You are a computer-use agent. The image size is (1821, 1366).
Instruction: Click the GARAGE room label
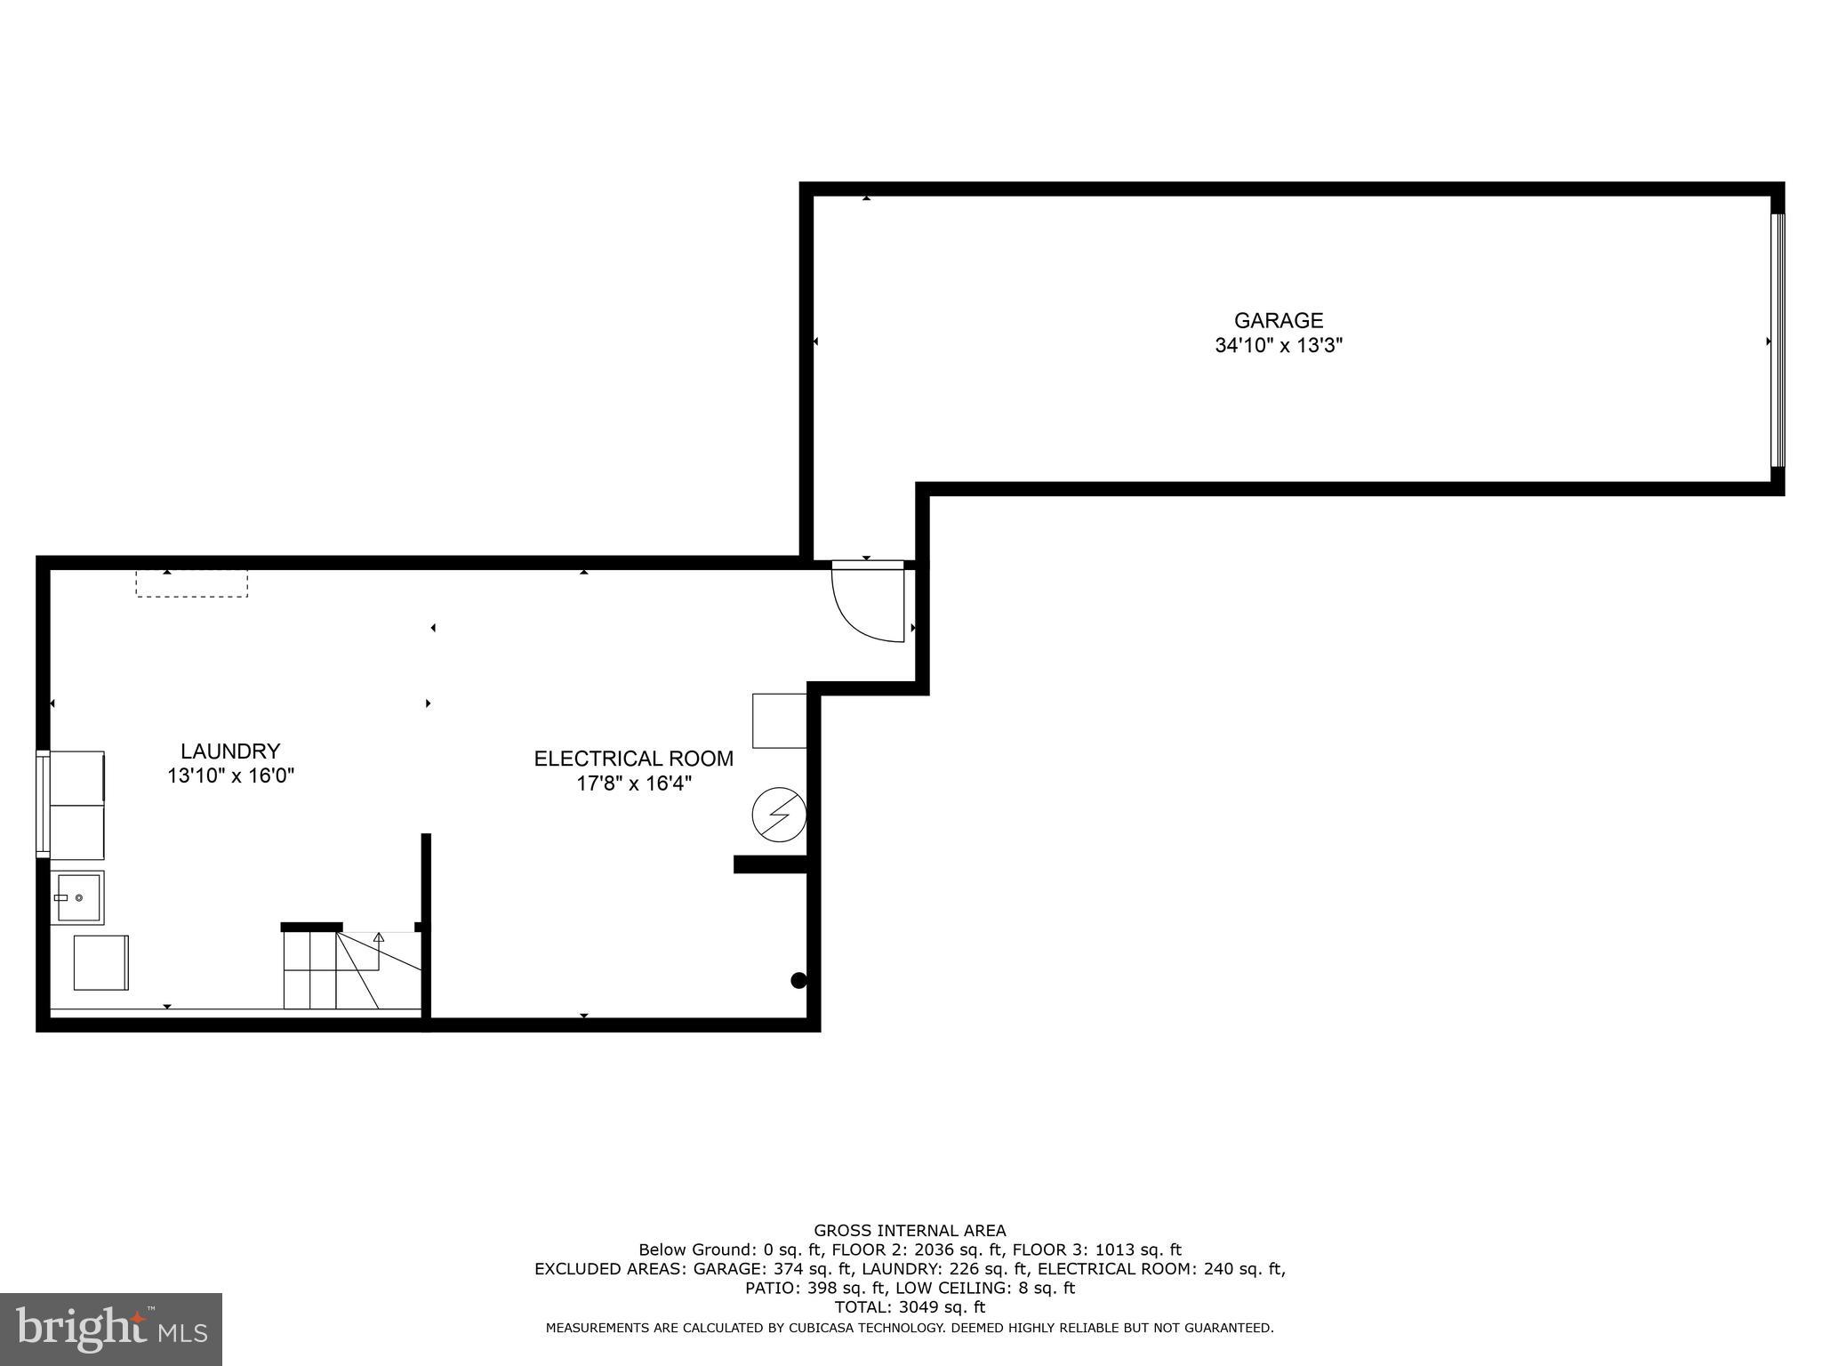coord(1278,320)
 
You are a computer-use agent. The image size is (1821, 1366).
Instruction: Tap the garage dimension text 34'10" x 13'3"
coord(1278,346)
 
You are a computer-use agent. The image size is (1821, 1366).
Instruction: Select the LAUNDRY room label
coord(230,751)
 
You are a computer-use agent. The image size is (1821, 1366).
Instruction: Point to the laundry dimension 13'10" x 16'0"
coord(230,776)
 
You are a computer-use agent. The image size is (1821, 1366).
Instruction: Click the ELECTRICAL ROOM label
coord(633,759)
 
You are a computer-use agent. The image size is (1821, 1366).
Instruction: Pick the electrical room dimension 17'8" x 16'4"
coord(633,783)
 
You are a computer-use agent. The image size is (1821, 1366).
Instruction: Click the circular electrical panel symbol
coord(779,814)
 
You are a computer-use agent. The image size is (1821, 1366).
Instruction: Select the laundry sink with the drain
coord(77,897)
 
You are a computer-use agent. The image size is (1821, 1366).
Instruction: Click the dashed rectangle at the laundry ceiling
coord(191,583)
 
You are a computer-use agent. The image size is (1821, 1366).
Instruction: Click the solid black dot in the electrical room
coord(798,980)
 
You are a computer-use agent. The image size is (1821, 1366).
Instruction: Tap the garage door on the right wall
coord(1777,340)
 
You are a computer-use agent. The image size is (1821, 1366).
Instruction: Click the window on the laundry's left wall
coord(42,804)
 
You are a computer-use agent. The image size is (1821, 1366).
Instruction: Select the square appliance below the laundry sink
coord(100,962)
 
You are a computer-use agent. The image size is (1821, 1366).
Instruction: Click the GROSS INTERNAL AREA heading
coord(910,1231)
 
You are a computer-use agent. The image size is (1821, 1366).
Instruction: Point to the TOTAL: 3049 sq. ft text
coord(910,1307)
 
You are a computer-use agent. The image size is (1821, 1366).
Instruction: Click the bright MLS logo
coord(111,1329)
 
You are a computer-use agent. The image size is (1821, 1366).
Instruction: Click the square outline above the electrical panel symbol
coord(779,720)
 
